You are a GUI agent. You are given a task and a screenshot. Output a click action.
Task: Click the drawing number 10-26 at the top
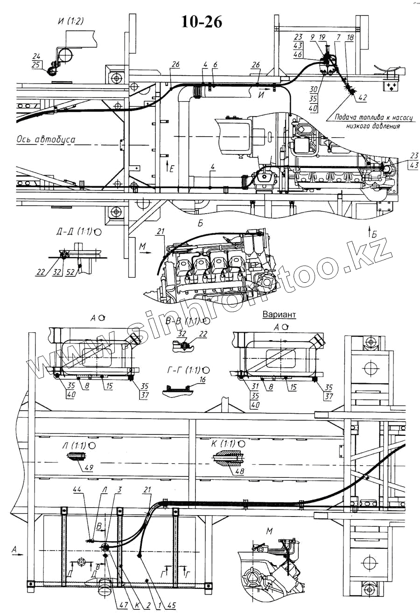tap(200, 21)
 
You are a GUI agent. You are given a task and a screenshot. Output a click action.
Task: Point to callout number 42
tap(362, 98)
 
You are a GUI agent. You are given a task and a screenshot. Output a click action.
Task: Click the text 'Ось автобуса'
tap(46, 139)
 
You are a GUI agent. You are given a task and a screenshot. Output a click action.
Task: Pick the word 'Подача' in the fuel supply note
tap(344, 119)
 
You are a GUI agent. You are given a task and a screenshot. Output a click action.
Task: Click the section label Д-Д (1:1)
tap(75, 231)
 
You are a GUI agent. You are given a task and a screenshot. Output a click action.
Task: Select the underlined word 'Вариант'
tap(279, 314)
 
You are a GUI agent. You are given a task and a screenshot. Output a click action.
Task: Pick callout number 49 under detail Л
tap(88, 468)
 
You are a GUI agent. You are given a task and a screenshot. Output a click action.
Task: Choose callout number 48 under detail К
tap(240, 471)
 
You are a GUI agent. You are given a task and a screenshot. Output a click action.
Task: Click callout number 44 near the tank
tap(77, 490)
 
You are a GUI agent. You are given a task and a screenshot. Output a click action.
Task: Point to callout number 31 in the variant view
tap(255, 386)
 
